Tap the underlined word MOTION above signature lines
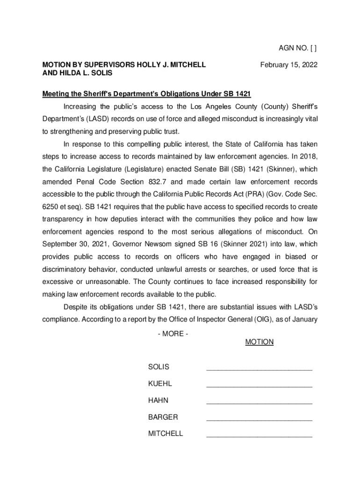[x=259, y=342]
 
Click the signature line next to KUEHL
[x=259, y=386]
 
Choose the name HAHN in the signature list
[x=158, y=400]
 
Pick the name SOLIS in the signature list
[x=158, y=367]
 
